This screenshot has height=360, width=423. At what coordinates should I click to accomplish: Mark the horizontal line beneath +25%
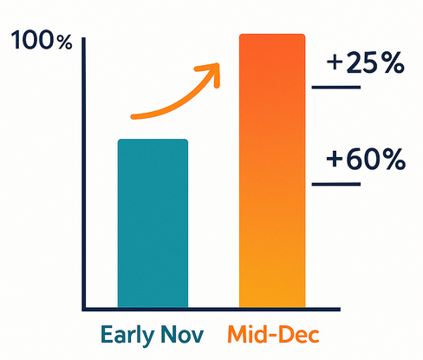(x=335, y=87)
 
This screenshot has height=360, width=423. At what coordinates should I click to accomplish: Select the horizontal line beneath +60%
(x=335, y=183)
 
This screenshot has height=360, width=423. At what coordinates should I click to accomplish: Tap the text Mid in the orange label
(x=248, y=334)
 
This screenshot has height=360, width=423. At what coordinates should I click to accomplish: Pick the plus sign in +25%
(x=334, y=63)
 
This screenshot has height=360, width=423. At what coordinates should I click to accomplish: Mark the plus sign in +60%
(x=334, y=160)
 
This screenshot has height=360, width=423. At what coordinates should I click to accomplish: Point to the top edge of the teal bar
(x=153, y=140)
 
